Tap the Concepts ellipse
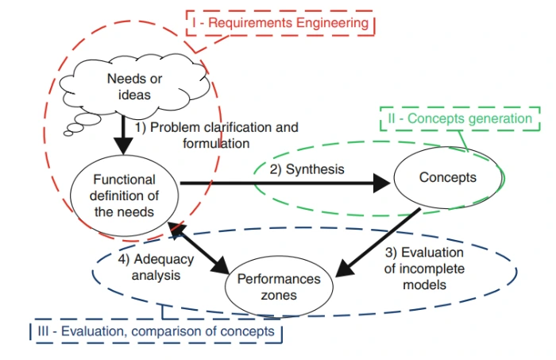coord(448,178)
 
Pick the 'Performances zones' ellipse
coord(273,288)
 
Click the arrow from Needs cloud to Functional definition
coord(123,135)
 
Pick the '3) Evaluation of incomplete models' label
coord(424,269)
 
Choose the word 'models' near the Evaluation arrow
coord(424,284)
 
